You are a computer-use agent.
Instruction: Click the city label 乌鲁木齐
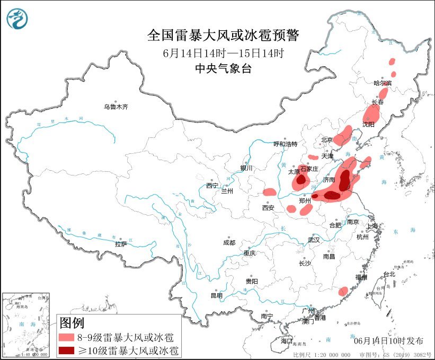point(116,107)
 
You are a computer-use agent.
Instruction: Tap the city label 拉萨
point(120,244)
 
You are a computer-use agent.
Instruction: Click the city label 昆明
point(217,295)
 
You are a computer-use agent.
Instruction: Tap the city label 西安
point(268,208)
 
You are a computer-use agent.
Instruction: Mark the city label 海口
point(287,341)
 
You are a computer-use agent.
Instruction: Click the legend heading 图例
point(72,322)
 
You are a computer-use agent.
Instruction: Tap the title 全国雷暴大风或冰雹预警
point(223,36)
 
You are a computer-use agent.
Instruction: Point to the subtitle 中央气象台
point(223,68)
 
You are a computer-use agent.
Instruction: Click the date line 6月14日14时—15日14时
point(223,52)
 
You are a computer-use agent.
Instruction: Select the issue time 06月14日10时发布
point(389,340)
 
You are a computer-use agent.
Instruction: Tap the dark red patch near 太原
point(301,180)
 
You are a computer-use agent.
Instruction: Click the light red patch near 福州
point(343,291)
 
